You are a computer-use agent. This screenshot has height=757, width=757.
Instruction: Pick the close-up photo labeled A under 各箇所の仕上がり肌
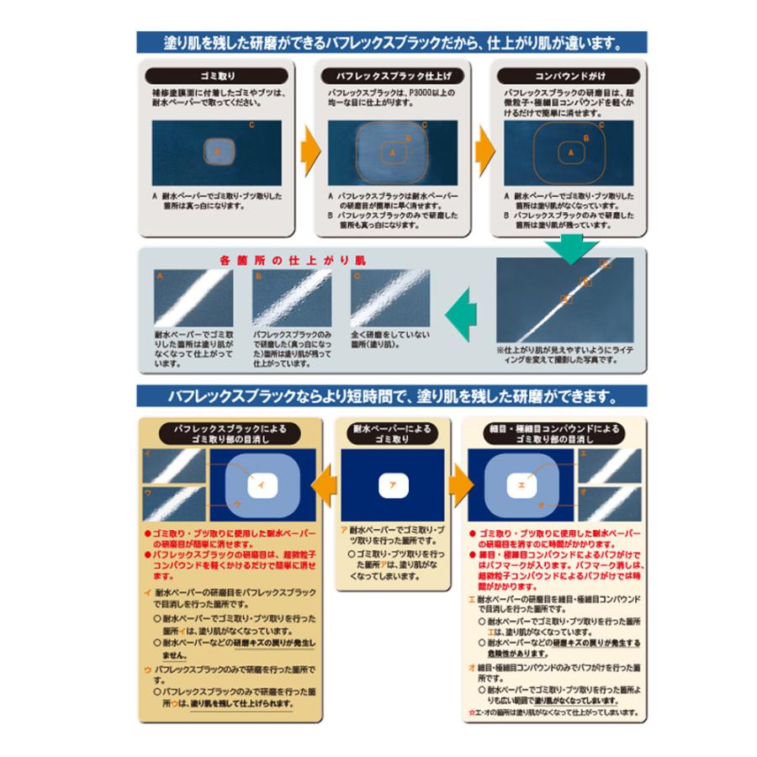[x=188, y=295]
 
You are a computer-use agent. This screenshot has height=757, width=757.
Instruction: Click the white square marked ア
[x=394, y=484]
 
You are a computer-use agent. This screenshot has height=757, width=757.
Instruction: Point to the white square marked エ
[x=521, y=484]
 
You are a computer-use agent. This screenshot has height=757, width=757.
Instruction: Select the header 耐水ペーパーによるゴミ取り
[x=390, y=434]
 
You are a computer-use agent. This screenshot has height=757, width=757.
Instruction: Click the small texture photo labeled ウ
[x=173, y=503]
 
